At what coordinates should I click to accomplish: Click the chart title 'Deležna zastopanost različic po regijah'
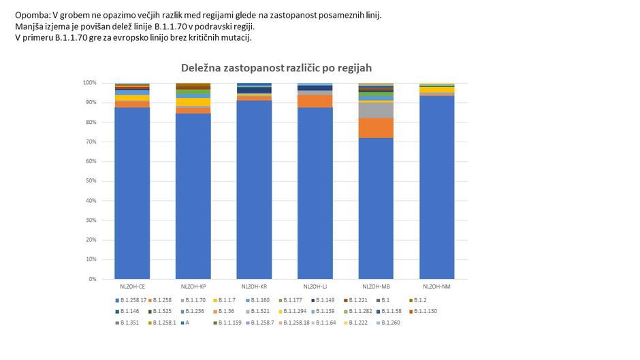point(276,68)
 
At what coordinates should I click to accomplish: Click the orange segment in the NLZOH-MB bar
point(376,128)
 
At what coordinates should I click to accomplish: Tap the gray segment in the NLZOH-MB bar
point(376,110)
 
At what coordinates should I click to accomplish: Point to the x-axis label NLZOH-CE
point(132,287)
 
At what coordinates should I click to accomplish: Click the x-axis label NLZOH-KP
point(193,287)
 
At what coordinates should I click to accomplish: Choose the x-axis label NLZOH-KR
point(254,287)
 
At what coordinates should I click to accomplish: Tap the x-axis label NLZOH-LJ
point(315,287)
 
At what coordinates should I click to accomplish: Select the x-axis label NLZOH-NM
point(436,287)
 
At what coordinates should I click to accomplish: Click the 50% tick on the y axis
point(90,181)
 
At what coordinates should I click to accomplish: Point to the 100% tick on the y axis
point(89,83)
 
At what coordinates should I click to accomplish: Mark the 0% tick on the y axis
point(91,279)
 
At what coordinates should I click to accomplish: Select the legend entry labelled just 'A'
point(187,323)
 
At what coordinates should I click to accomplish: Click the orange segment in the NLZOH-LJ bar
point(315,101)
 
